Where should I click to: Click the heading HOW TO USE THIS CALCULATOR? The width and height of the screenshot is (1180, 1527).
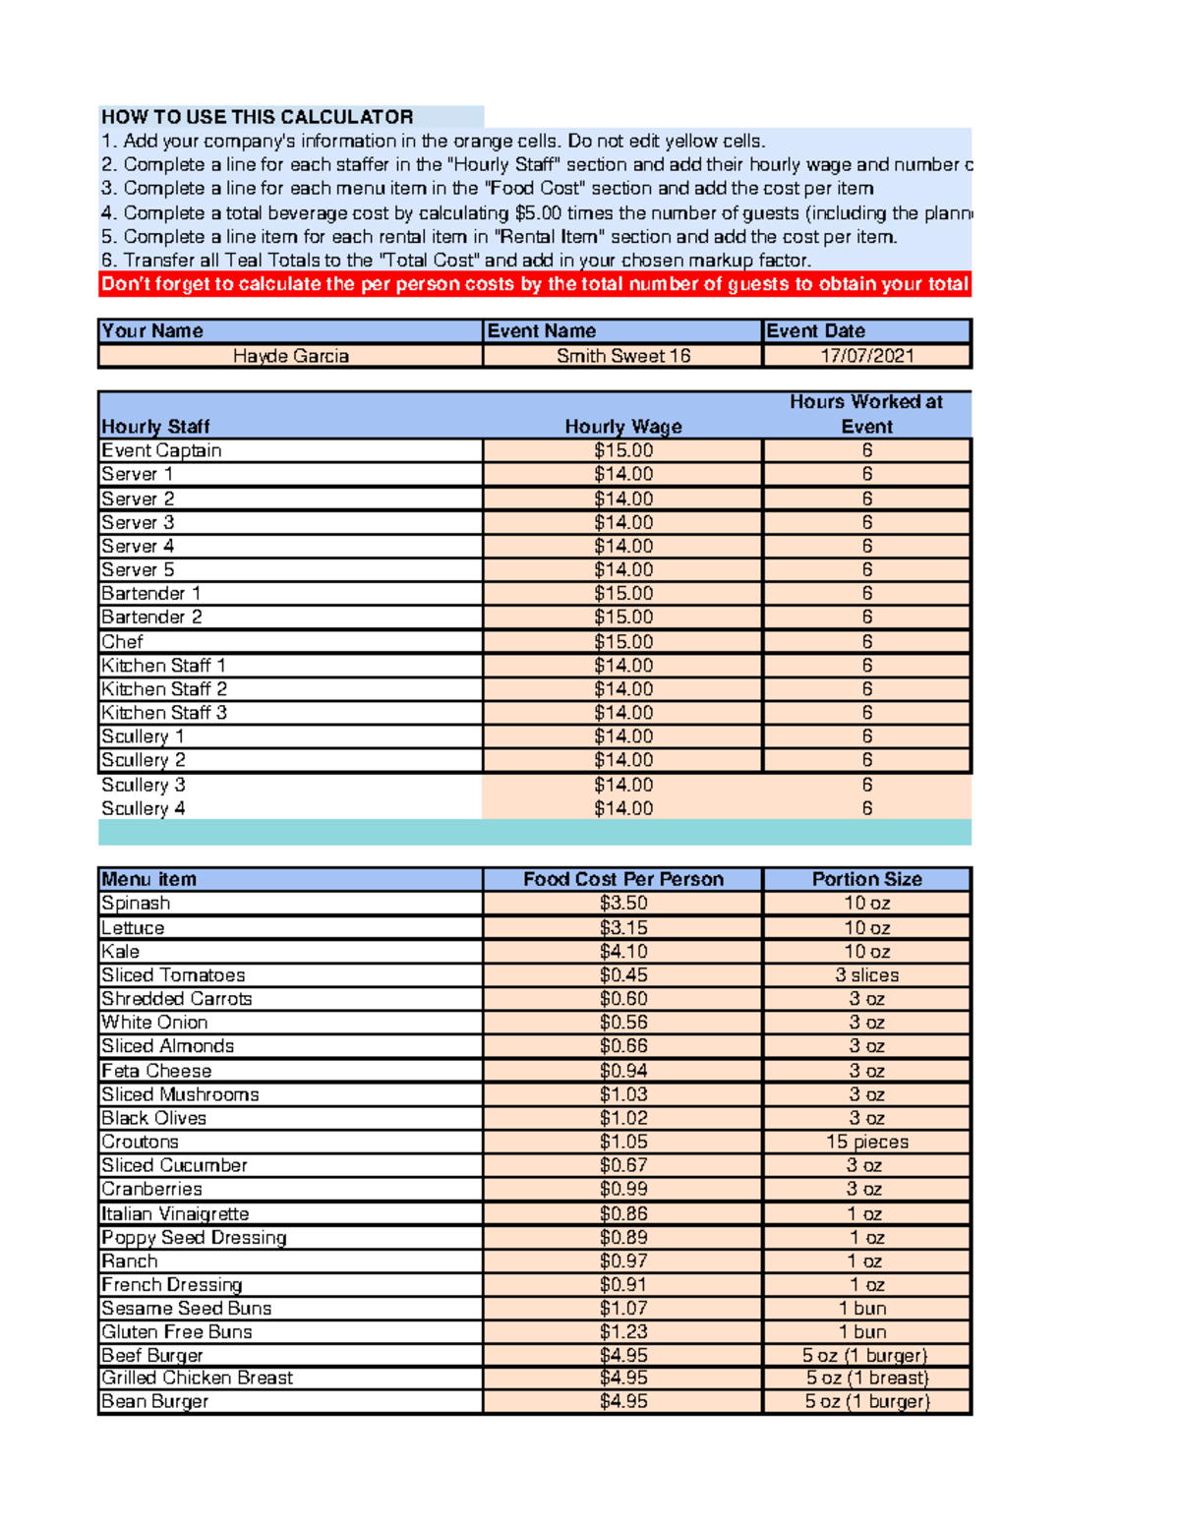tap(258, 117)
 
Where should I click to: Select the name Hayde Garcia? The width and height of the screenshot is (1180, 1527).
tap(291, 356)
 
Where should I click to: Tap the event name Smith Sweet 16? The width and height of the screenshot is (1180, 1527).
tap(623, 356)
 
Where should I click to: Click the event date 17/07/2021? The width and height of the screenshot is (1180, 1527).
tap(867, 356)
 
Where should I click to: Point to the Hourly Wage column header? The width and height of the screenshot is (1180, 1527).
tap(623, 427)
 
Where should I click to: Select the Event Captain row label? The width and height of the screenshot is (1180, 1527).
tap(162, 450)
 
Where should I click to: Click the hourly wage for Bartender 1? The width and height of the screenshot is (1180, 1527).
tap(623, 594)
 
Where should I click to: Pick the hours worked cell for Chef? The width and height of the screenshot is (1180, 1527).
tap(867, 641)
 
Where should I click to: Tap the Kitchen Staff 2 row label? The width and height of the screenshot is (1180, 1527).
tap(164, 689)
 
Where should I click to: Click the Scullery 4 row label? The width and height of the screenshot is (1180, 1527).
tap(144, 808)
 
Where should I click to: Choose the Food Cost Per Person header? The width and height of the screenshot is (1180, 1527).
tap(623, 879)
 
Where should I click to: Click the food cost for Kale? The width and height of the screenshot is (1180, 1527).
tap(623, 952)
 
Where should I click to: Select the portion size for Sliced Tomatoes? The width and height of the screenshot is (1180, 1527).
tap(867, 975)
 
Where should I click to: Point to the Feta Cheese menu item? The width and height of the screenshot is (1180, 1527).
tap(156, 1071)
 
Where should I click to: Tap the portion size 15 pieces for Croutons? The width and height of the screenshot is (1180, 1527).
tap(867, 1142)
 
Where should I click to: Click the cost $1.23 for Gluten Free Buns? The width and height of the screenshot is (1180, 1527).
tap(623, 1332)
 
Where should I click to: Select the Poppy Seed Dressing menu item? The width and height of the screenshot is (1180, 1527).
tap(195, 1238)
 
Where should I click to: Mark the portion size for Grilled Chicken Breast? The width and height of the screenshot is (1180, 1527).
tap(867, 1379)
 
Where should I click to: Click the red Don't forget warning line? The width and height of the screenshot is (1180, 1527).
tap(535, 284)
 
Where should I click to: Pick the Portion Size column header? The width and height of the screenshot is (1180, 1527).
tap(867, 879)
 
